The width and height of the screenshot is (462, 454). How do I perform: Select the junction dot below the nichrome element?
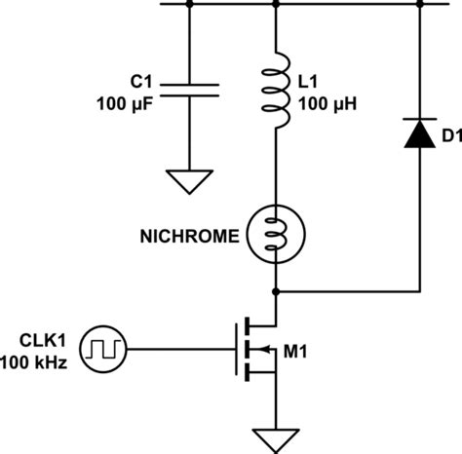click(278, 290)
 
